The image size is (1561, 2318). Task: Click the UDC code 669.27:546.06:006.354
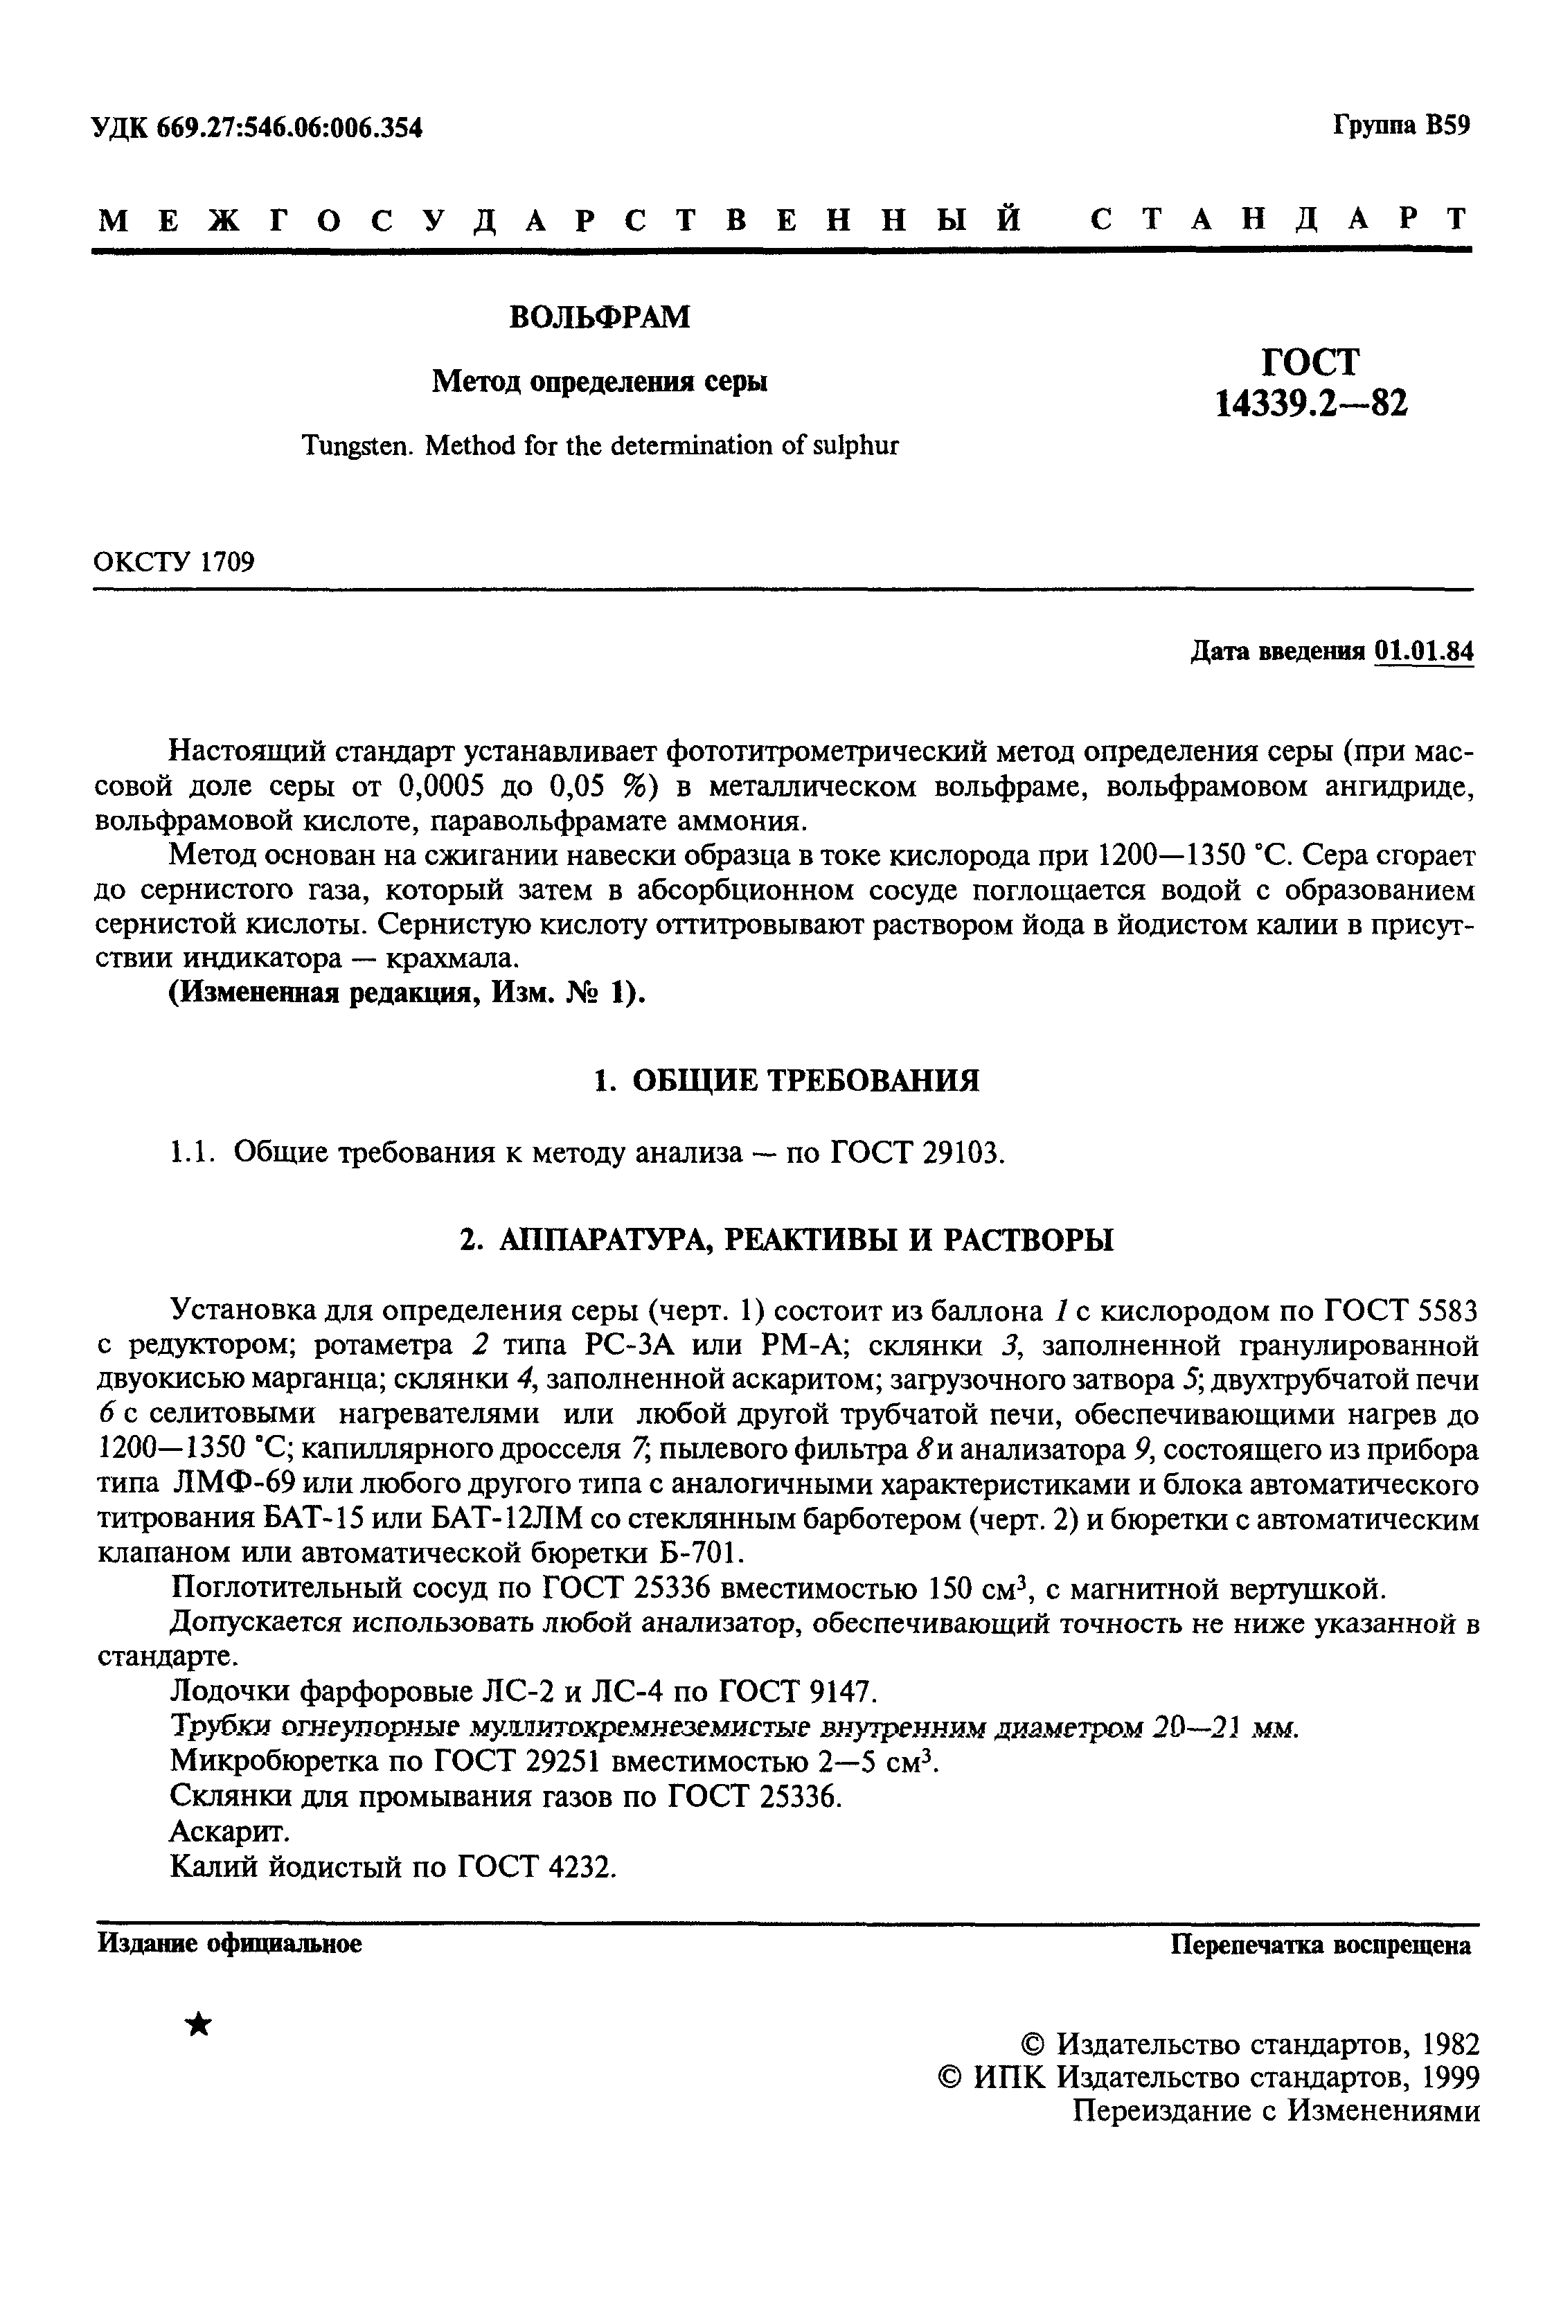click(x=289, y=127)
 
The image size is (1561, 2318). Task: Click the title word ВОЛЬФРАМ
click(x=599, y=317)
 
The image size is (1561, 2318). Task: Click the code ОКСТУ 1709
click(x=175, y=562)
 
